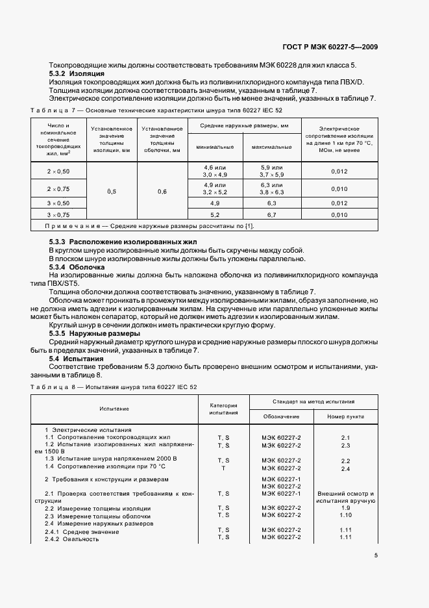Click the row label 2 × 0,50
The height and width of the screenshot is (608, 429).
click(x=58, y=171)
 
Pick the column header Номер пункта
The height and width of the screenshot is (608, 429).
click(x=345, y=416)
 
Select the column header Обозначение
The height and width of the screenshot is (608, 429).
click(x=281, y=416)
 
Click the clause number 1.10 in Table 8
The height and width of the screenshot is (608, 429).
click(x=345, y=515)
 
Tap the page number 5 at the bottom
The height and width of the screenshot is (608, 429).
click(x=376, y=555)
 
